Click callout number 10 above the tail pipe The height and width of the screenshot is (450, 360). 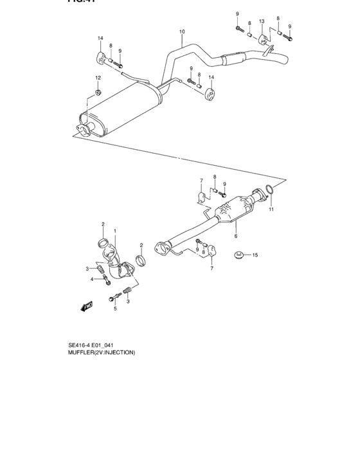pos(182,32)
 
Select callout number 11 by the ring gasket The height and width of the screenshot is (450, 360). pos(271,210)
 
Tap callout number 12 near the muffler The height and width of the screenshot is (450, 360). pos(98,78)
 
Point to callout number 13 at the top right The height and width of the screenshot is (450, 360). pos(262,21)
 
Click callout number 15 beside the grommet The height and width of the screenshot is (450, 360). pos(255,255)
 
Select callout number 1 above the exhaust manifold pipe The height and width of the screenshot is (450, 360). pos(115,230)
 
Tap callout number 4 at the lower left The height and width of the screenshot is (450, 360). pos(92,278)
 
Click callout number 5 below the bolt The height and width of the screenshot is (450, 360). pos(116,309)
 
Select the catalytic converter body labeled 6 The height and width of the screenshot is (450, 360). pos(235,210)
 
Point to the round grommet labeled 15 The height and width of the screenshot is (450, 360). pos(239,255)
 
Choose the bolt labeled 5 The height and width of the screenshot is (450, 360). pos(115,297)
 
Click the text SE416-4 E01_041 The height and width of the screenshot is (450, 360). pos(94,344)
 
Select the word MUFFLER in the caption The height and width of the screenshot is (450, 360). pos(82,352)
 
